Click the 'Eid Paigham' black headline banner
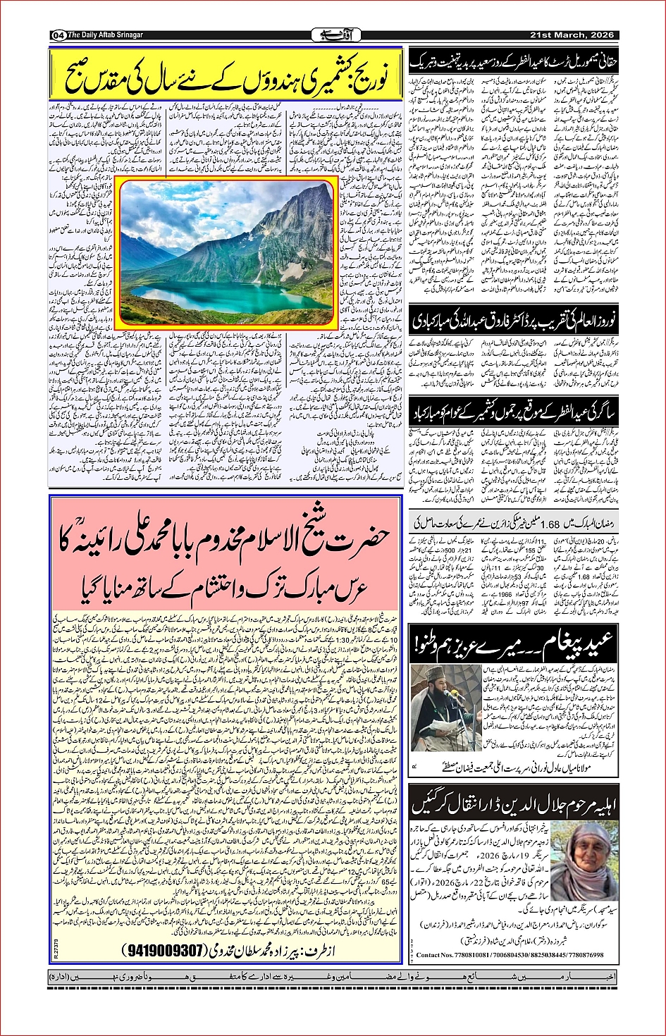514,641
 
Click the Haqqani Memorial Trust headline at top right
514,61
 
